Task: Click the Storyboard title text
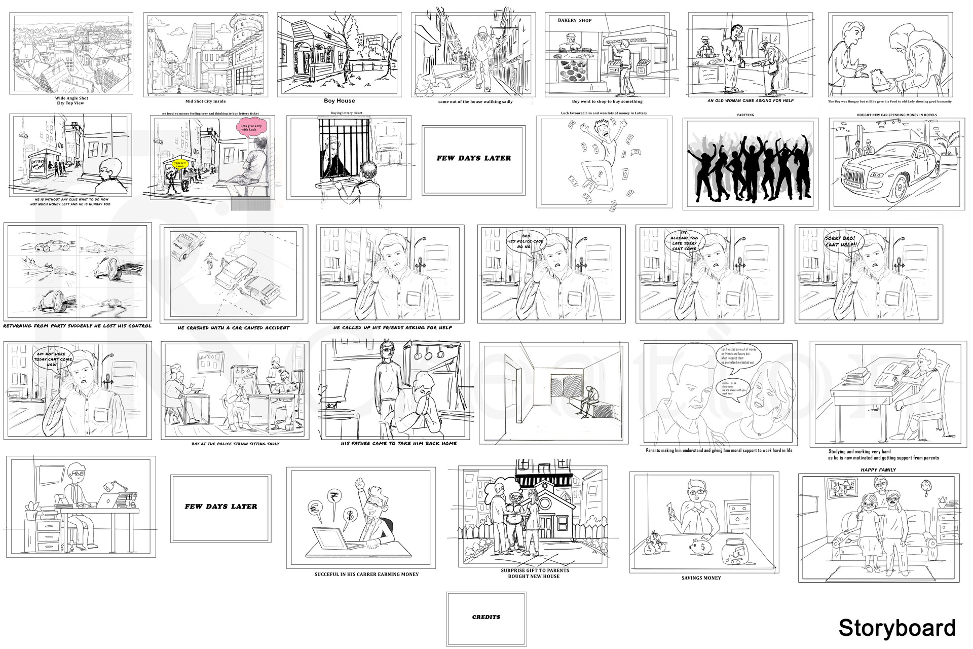(896, 628)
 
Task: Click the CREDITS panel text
(486, 617)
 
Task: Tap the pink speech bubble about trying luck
(251, 128)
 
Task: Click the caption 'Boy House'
(339, 101)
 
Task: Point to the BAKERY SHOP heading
(574, 21)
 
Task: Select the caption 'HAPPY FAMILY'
(878, 470)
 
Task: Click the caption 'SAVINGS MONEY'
(701, 578)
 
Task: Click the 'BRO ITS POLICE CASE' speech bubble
(526, 241)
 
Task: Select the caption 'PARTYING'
(745, 115)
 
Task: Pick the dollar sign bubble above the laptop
(349, 515)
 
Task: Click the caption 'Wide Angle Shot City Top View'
(71, 100)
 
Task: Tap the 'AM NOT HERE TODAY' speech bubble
(53, 359)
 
